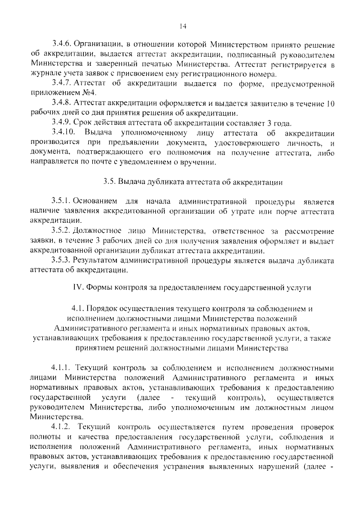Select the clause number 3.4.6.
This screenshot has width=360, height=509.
62,44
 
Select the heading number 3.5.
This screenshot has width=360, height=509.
110,182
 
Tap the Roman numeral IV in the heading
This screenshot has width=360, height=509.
79,287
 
